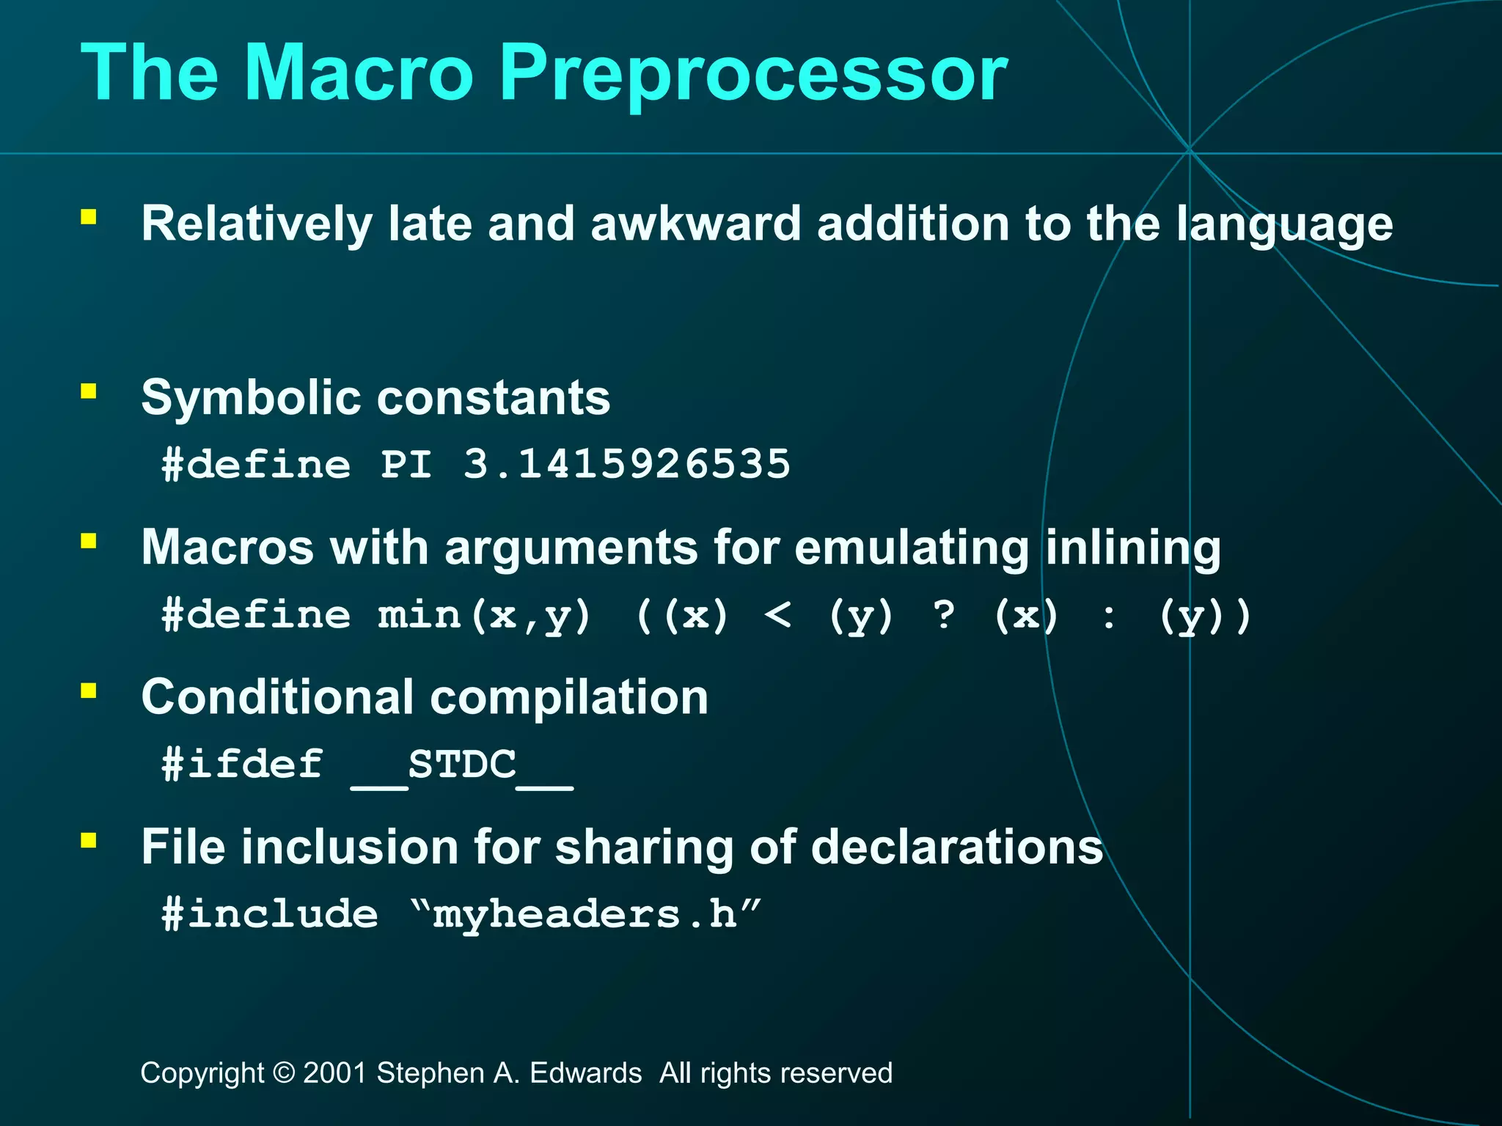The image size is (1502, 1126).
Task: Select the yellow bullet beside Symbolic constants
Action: coord(89,391)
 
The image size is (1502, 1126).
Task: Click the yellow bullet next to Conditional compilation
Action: coord(89,691)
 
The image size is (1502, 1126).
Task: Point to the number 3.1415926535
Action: coord(627,464)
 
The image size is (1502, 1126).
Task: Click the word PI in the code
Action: coord(406,464)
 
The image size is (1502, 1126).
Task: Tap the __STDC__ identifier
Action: coord(462,765)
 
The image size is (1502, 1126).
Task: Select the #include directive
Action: coord(270,914)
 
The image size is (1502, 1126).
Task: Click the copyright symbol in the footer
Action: coord(283,1073)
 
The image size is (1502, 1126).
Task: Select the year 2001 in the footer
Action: coord(335,1073)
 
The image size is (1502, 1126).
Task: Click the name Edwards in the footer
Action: coord(585,1073)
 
